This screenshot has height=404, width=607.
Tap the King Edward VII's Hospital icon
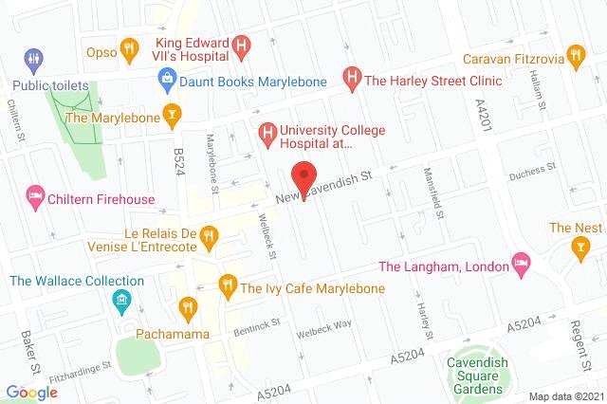coord(243,45)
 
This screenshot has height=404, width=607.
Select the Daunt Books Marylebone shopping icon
coord(168,80)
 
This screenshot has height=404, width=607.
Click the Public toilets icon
coord(33,58)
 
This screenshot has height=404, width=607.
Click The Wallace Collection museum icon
coord(120,303)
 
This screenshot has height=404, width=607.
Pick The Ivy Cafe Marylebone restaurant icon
coord(227,284)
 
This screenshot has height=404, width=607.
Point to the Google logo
coord(32,392)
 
